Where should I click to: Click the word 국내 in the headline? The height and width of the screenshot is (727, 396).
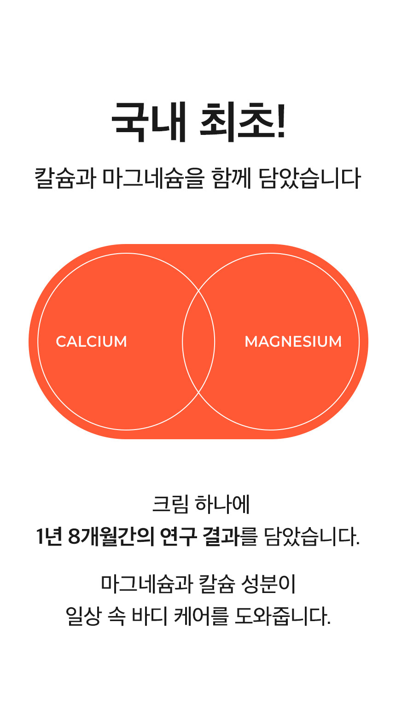148,122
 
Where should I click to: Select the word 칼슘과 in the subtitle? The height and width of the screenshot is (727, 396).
65,178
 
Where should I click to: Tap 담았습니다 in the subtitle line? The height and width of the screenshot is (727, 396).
309,178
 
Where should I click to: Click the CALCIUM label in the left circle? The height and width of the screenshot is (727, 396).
91,342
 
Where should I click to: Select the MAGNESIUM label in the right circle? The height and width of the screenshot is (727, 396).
293,342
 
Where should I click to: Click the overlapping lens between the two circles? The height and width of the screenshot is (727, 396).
198,342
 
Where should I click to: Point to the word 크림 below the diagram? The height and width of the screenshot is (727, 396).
170,504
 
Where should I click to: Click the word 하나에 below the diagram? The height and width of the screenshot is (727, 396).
222,504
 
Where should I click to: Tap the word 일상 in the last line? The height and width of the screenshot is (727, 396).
83,616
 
